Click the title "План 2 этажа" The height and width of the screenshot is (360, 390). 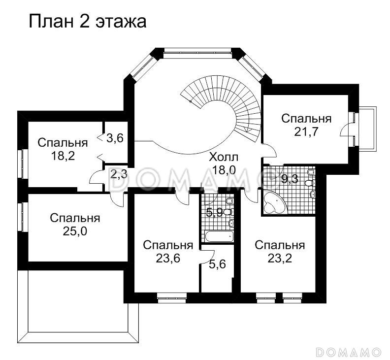(x=88, y=22)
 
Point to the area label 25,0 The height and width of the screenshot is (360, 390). (x=75, y=231)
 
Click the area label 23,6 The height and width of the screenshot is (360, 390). (x=167, y=258)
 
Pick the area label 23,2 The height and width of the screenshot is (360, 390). (x=280, y=258)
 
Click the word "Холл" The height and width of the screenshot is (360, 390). (x=224, y=158)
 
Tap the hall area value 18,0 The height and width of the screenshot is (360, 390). (x=224, y=170)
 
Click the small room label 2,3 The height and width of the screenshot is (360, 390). (x=118, y=174)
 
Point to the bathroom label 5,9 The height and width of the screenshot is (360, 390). (x=214, y=213)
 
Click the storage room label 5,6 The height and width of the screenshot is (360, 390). (x=217, y=264)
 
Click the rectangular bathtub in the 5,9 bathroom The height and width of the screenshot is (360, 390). (x=219, y=236)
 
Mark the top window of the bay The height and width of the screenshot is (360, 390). (x=196, y=50)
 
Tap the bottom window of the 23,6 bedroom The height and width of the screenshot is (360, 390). (x=172, y=296)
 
